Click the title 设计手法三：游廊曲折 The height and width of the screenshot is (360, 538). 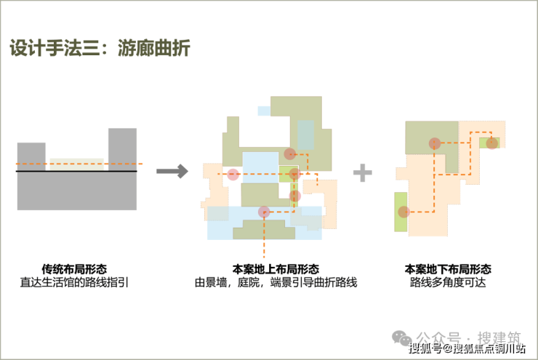pyautogui.click(x=100, y=48)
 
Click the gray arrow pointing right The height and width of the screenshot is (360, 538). pyautogui.click(x=172, y=171)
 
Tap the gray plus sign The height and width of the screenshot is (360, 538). pyautogui.click(x=363, y=172)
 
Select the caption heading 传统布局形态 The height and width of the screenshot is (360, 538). pyautogui.click(x=74, y=268)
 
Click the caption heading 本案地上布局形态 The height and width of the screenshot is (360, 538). pyautogui.click(x=276, y=268)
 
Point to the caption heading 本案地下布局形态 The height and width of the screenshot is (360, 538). pyautogui.click(x=448, y=268)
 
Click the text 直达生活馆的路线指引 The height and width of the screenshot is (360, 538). pyautogui.click(x=74, y=282)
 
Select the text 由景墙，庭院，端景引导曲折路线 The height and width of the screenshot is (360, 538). pyautogui.click(x=276, y=282)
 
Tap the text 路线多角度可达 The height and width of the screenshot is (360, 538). pyautogui.click(x=448, y=282)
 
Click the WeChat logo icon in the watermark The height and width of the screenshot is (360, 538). pyautogui.click(x=402, y=337)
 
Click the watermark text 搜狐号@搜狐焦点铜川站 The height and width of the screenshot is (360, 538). pyautogui.click(x=467, y=348)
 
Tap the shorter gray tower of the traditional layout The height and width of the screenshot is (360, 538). pyautogui.click(x=31, y=156)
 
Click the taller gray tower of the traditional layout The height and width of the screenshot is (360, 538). pyautogui.click(x=122, y=150)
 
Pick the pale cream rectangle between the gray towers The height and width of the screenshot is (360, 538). pyautogui.click(x=77, y=164)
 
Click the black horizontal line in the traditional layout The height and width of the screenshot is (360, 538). pyautogui.click(x=76, y=171)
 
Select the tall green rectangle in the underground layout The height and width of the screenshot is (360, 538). pyautogui.click(x=401, y=212)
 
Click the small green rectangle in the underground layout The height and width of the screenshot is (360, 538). pyautogui.click(x=489, y=143)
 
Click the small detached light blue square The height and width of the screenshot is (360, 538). pyautogui.click(x=264, y=111)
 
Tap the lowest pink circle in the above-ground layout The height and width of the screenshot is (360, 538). pyautogui.click(x=264, y=212)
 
